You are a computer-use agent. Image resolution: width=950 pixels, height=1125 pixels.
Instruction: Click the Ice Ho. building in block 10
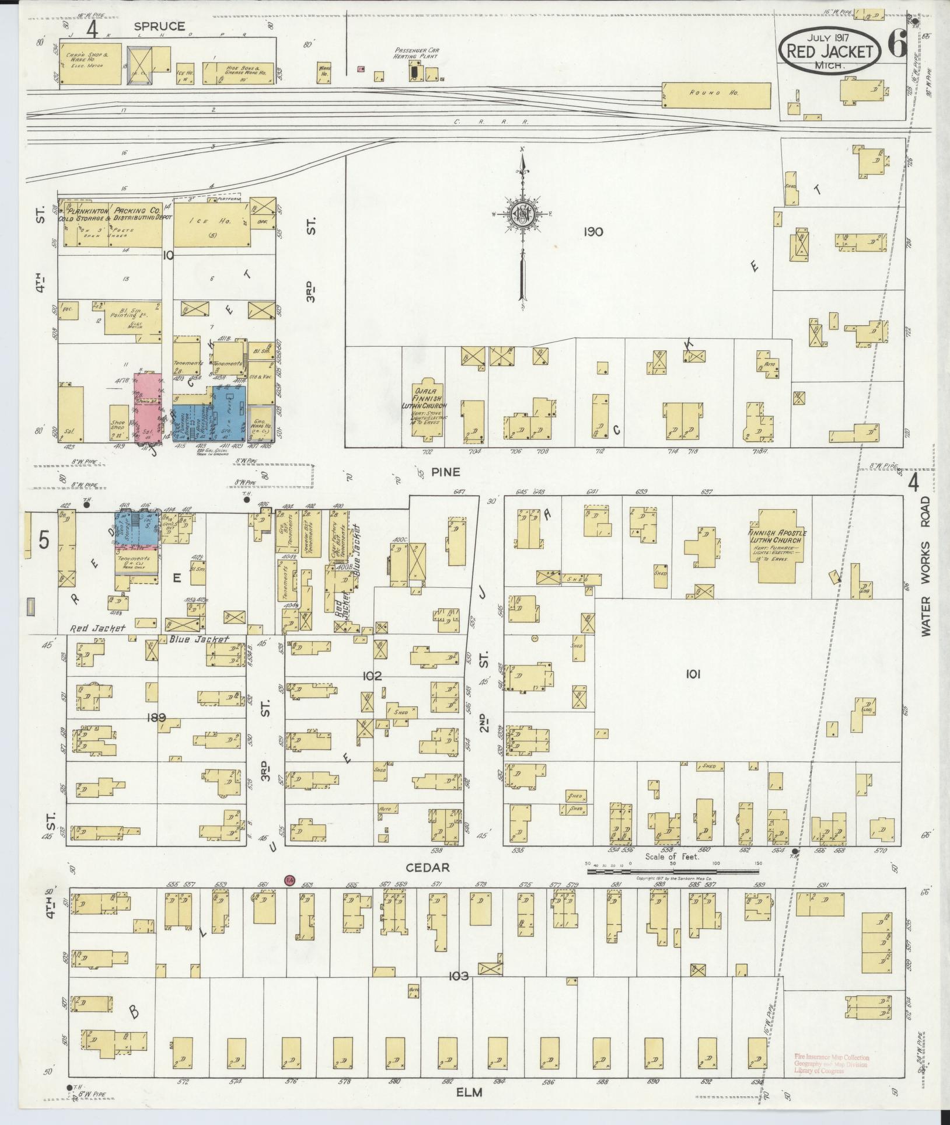click(212, 225)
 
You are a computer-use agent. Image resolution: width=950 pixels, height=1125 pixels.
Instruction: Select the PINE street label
click(445, 471)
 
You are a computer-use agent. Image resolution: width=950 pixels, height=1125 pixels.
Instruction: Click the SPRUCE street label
click(159, 26)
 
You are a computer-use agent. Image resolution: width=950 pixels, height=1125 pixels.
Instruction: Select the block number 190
click(593, 232)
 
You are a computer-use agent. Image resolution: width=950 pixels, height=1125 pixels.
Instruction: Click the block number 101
click(693, 674)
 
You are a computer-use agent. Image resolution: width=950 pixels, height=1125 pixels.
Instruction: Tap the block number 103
click(459, 976)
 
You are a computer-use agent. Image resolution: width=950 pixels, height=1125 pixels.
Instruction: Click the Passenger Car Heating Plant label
click(416, 54)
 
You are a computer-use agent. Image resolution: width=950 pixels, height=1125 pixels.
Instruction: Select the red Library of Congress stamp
click(830, 1063)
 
